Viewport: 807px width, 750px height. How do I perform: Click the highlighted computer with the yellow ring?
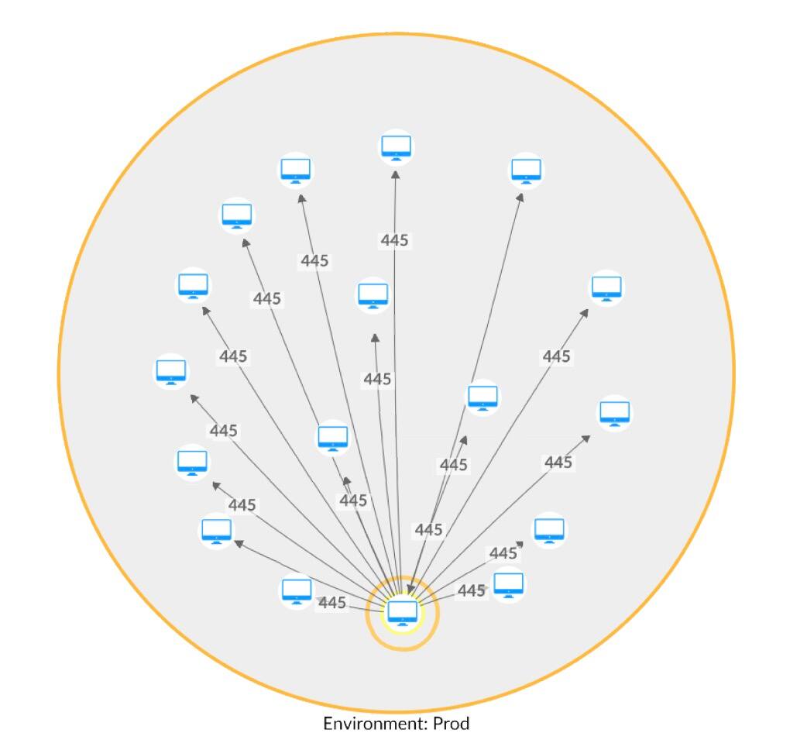403,612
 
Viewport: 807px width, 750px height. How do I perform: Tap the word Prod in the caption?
452,724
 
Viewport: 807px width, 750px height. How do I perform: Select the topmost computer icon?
396,146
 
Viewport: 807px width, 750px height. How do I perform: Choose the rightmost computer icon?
614,412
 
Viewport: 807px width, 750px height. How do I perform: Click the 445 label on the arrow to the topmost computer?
394,240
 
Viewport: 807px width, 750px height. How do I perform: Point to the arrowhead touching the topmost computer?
396,176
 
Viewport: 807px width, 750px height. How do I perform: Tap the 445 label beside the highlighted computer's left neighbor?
332,603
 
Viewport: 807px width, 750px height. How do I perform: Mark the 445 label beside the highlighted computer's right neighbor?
471,591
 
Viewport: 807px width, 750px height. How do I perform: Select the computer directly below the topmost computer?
373,295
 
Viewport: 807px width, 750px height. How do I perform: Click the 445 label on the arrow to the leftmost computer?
223,431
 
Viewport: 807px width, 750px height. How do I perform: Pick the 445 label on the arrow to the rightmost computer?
558,463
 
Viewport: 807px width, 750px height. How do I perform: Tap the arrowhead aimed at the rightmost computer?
586,438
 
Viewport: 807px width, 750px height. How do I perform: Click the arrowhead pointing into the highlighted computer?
410,590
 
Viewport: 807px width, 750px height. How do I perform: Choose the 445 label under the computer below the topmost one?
377,379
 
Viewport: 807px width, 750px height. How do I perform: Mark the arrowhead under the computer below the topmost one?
375,338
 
